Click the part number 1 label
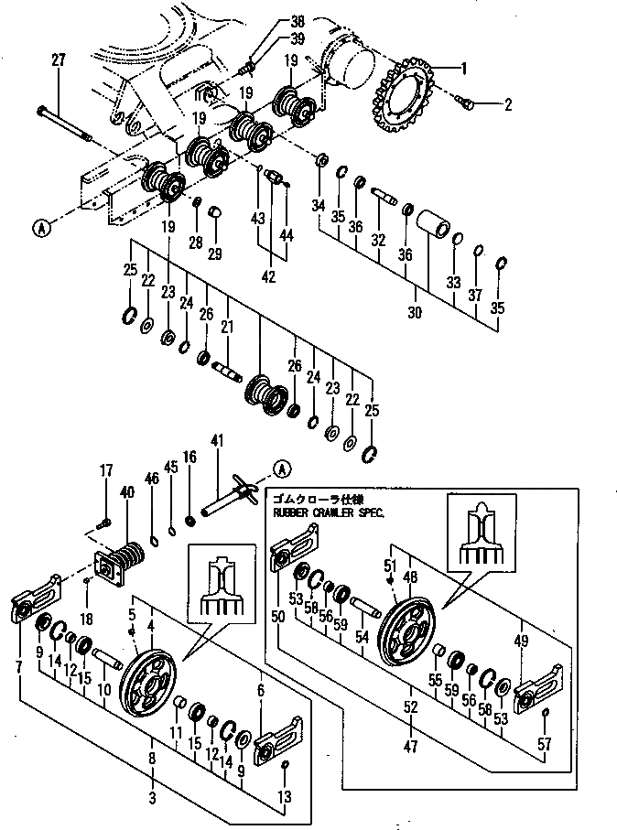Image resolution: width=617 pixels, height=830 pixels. point(464,67)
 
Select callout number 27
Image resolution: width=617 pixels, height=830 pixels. point(59,60)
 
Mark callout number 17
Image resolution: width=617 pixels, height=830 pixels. point(107,470)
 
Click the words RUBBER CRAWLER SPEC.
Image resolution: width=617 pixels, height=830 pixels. point(329,513)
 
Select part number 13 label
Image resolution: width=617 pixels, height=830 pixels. point(285,798)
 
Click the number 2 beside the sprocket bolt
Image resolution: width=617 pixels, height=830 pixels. point(507,104)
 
